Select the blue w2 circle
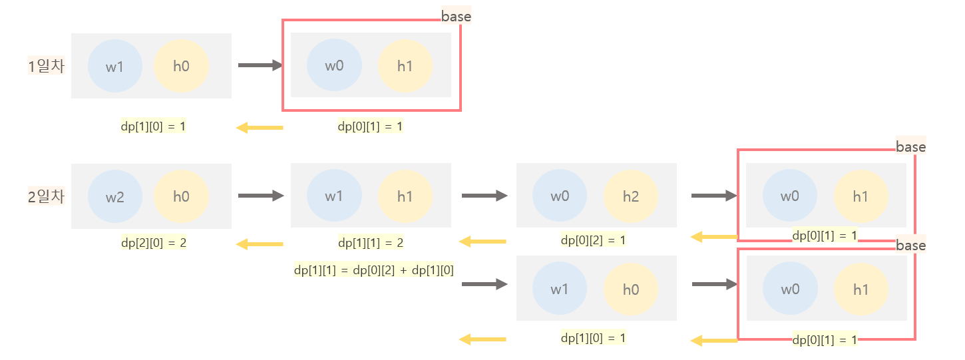coord(115,197)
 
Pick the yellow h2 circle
coord(631,197)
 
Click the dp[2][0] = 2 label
coord(154,243)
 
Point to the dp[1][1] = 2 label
coord(371,243)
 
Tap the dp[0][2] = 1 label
coord(593,240)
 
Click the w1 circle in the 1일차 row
coord(115,67)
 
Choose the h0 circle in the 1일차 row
coord(181,67)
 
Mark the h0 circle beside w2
coord(181,197)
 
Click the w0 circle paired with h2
coord(560,197)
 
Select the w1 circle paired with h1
coord(334,197)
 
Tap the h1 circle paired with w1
coord(405,197)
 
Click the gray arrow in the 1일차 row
coord(260,65)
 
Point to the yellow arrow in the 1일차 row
coord(260,127)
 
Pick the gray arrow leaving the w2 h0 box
coord(260,196)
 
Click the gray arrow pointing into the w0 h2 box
coord(484,196)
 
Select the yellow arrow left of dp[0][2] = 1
coord(482,241)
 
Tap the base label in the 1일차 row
coord(456,17)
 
